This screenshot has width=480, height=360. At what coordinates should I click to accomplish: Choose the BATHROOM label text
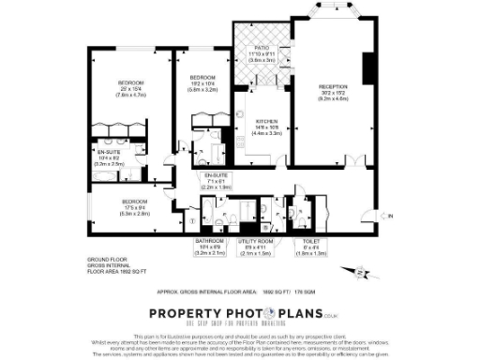coord(210,240)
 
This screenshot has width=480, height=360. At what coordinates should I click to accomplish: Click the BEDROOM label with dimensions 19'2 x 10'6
coord(203,78)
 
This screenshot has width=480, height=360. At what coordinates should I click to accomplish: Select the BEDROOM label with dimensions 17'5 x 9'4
coord(135,202)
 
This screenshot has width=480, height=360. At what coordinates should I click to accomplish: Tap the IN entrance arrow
coord(391,217)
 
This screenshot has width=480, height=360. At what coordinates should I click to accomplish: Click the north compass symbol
coord(361,273)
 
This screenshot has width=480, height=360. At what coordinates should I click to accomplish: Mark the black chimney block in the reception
coord(367,67)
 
